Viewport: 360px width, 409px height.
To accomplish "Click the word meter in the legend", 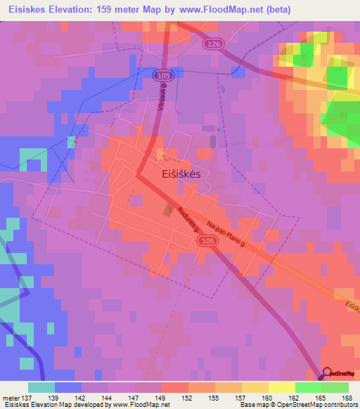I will (11, 397).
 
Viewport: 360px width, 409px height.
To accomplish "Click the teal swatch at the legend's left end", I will (41, 387).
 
